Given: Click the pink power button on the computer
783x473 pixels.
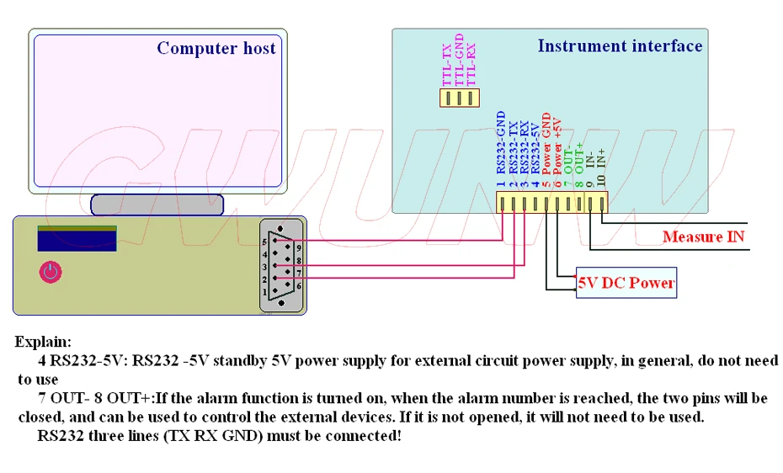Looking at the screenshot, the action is tap(51, 272).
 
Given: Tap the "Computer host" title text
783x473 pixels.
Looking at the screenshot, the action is tap(216, 48).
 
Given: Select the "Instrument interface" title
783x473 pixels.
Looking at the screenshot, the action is tap(620, 46).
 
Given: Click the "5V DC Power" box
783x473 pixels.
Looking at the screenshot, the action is tap(626, 283).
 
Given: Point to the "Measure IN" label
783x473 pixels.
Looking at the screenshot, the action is tap(703, 236).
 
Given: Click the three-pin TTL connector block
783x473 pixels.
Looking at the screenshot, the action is tap(460, 98).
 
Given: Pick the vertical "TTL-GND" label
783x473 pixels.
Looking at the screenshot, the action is tap(460, 60).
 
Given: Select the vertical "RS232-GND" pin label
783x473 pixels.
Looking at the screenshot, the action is tap(501, 143).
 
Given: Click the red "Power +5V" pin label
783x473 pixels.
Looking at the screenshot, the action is tap(557, 146).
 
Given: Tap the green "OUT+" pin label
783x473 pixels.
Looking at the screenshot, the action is tap(579, 158).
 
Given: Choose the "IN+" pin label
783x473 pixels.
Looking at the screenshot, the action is tap(601, 158).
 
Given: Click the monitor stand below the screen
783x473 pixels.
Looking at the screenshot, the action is tap(157, 205).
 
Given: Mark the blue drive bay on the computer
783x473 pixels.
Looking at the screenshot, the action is tap(77, 238).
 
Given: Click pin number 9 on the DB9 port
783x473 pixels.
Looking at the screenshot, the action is tap(299, 247).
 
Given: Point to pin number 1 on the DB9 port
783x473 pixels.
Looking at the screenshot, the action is tap(264, 292).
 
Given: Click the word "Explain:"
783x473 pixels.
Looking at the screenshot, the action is tap(43, 342).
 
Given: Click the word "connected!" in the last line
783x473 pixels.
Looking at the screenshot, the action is tap(363, 436).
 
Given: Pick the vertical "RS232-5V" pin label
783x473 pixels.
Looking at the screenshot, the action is tap(535, 149).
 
